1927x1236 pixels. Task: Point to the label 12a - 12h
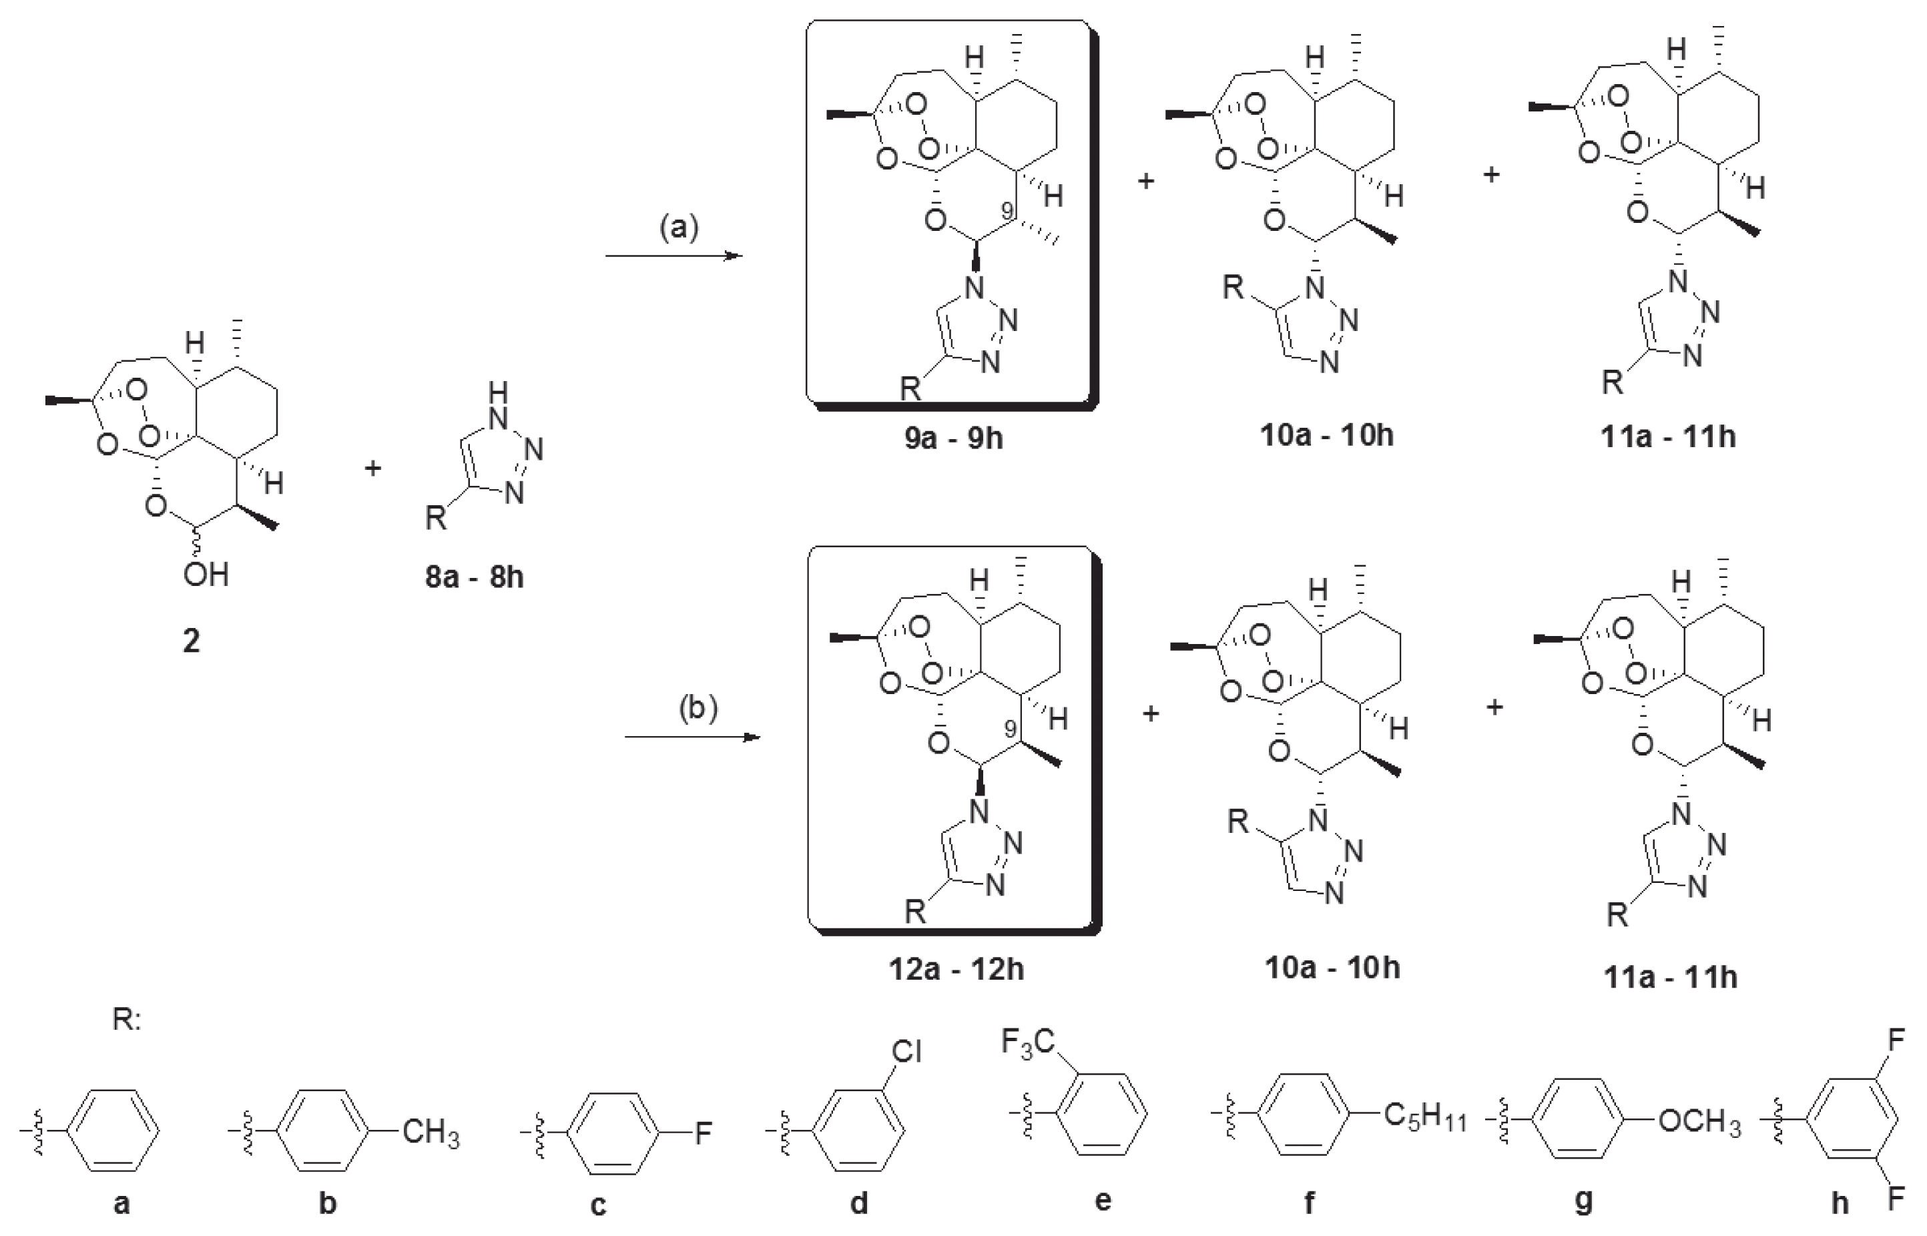click(x=956, y=970)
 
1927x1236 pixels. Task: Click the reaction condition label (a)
click(x=679, y=228)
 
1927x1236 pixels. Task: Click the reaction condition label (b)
click(x=698, y=709)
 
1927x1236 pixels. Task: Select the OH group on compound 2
click(x=206, y=575)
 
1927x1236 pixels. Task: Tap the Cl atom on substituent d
click(x=907, y=1051)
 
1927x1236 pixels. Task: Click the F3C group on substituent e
click(x=1027, y=1043)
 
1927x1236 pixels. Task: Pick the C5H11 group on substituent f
click(x=1424, y=1117)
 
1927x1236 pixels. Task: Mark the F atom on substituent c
click(x=703, y=1133)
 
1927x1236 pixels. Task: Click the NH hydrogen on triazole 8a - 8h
click(x=499, y=392)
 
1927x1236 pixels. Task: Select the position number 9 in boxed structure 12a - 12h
click(x=1010, y=729)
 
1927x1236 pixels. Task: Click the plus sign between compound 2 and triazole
click(x=372, y=468)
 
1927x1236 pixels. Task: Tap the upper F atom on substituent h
click(x=1896, y=1041)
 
